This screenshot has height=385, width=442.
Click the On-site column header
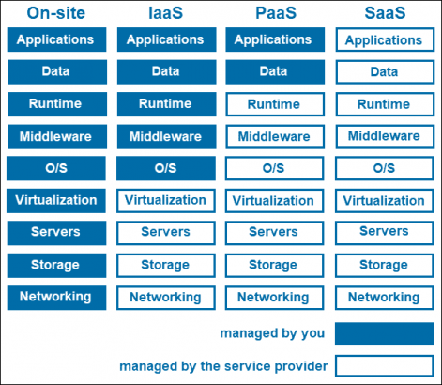[55, 13]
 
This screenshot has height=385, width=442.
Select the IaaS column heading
[165, 13]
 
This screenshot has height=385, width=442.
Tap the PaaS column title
[274, 13]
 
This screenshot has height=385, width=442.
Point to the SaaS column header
[384, 13]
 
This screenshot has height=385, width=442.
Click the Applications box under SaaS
[384, 41]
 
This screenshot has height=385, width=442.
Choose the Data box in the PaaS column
[274, 71]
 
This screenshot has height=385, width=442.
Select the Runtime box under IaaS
[165, 104]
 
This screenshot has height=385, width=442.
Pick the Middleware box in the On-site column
[55, 137]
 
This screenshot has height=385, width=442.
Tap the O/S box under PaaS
[274, 169]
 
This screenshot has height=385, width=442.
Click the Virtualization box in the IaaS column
[165, 201]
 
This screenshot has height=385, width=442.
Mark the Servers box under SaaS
[384, 232]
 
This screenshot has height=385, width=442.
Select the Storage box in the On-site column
[55, 265]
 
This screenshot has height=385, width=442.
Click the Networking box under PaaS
[274, 298]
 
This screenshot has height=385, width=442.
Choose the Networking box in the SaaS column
[384, 298]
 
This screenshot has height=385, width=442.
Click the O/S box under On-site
[55, 169]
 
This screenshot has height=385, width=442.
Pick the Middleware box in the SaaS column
[384, 137]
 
